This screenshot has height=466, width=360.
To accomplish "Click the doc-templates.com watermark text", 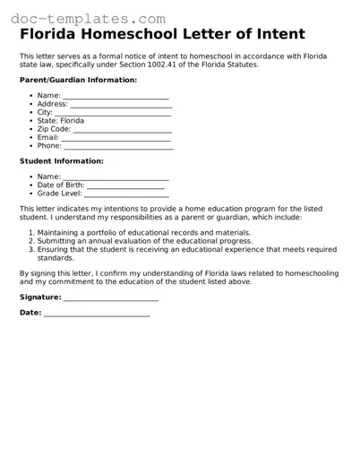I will (83, 17).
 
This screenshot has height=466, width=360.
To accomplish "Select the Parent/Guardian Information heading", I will (78, 80).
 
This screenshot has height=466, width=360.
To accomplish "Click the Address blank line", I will (121, 104).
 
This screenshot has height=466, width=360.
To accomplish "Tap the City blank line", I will (113, 113).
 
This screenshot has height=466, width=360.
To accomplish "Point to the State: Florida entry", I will (61, 120).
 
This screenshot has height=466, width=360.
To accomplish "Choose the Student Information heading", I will (61, 161).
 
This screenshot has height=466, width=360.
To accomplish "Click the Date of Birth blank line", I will (125, 186).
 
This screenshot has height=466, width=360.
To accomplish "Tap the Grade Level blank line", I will (126, 194).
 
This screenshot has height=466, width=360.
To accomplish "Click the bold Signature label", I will (40, 296).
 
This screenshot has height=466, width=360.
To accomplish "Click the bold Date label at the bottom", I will (30, 313).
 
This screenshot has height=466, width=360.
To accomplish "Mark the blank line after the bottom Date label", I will (97, 315).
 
